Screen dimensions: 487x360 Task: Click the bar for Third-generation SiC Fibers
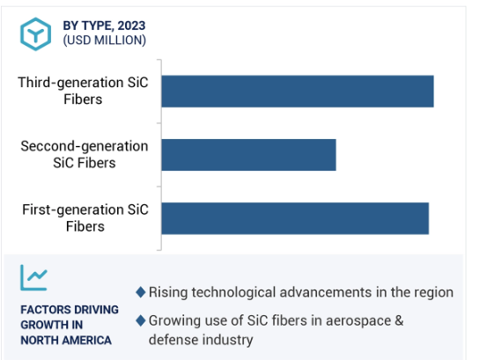(298, 92)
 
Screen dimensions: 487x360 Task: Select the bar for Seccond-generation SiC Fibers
(248, 155)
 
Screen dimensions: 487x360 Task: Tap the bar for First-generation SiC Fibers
(295, 218)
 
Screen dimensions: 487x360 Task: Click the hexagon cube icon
(36, 33)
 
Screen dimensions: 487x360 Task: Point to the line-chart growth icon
(33, 277)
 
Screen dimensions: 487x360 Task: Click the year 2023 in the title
(131, 26)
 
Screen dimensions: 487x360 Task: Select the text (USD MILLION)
(104, 40)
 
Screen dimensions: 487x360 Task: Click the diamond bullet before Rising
(141, 292)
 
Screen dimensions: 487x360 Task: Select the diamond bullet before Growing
(141, 320)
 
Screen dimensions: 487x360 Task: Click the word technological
(233, 292)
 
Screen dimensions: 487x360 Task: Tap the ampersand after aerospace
(399, 320)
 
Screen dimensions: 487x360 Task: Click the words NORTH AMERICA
(66, 341)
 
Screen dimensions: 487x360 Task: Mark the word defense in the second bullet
(173, 340)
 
